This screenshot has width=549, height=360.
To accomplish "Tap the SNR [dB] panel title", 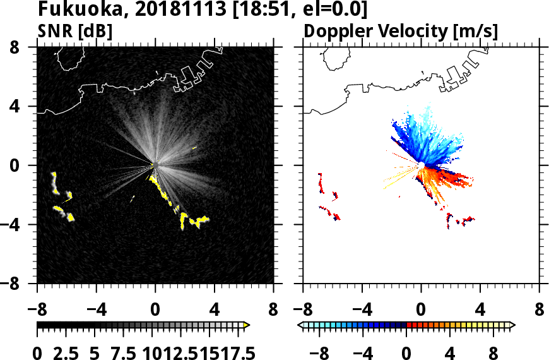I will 75,30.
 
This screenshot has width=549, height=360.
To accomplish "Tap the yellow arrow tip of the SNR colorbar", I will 247,325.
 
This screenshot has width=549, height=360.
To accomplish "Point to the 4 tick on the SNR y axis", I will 25,107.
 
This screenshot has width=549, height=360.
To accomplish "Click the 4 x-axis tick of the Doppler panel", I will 480,311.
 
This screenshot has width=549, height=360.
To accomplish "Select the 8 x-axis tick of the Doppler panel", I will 540,311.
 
